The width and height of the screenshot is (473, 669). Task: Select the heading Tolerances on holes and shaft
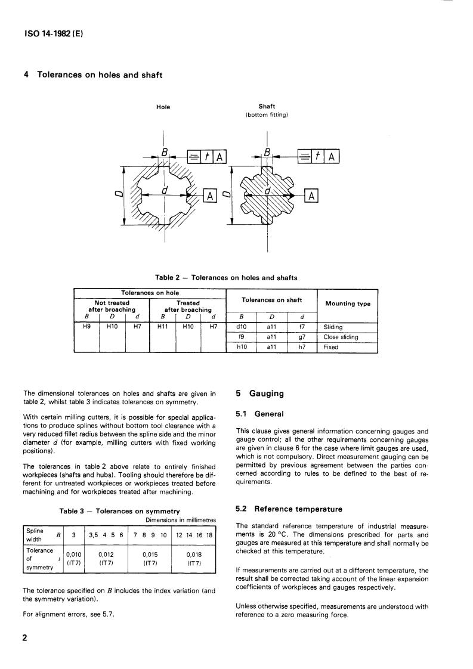(x=93, y=75)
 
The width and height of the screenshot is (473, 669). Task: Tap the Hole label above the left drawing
(x=163, y=107)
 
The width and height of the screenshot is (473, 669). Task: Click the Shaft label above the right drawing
(x=267, y=107)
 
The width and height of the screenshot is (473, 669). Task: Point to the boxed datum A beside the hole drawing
(x=211, y=195)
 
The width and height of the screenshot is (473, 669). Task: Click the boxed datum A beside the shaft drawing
(x=312, y=196)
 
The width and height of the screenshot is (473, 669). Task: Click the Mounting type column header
(x=347, y=303)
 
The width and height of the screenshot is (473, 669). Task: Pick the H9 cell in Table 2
(x=86, y=327)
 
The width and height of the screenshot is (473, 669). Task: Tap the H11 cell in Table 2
(x=162, y=327)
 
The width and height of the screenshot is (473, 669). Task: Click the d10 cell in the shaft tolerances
(x=242, y=327)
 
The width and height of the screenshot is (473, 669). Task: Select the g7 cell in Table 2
(x=302, y=337)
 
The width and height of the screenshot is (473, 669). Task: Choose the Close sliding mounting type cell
(x=341, y=337)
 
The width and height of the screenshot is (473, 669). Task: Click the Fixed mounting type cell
(x=330, y=346)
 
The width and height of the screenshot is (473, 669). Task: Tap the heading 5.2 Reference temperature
(x=288, y=509)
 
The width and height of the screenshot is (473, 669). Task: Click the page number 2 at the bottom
(x=25, y=638)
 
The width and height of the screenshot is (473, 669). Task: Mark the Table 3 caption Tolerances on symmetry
(x=120, y=511)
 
